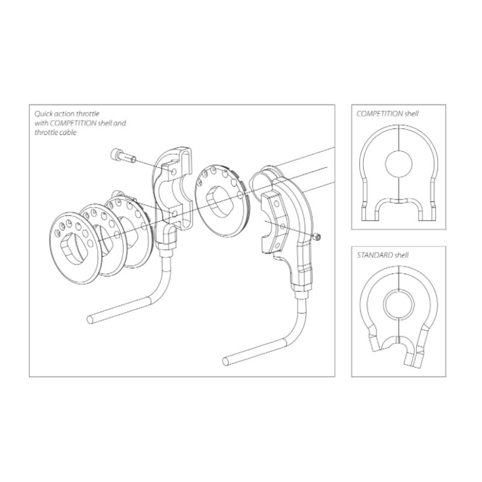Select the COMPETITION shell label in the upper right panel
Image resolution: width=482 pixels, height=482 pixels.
pos(387,113)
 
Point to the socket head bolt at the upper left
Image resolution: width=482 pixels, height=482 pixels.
pos(119,157)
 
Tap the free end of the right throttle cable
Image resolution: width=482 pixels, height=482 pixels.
pos(226,360)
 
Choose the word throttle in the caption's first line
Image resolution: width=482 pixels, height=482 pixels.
pos(90,112)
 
